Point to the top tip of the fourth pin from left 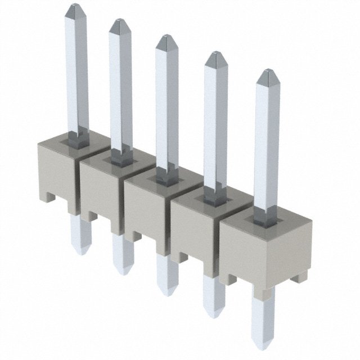(x=215, y=55)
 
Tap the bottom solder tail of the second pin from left (x=122, y=270)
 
